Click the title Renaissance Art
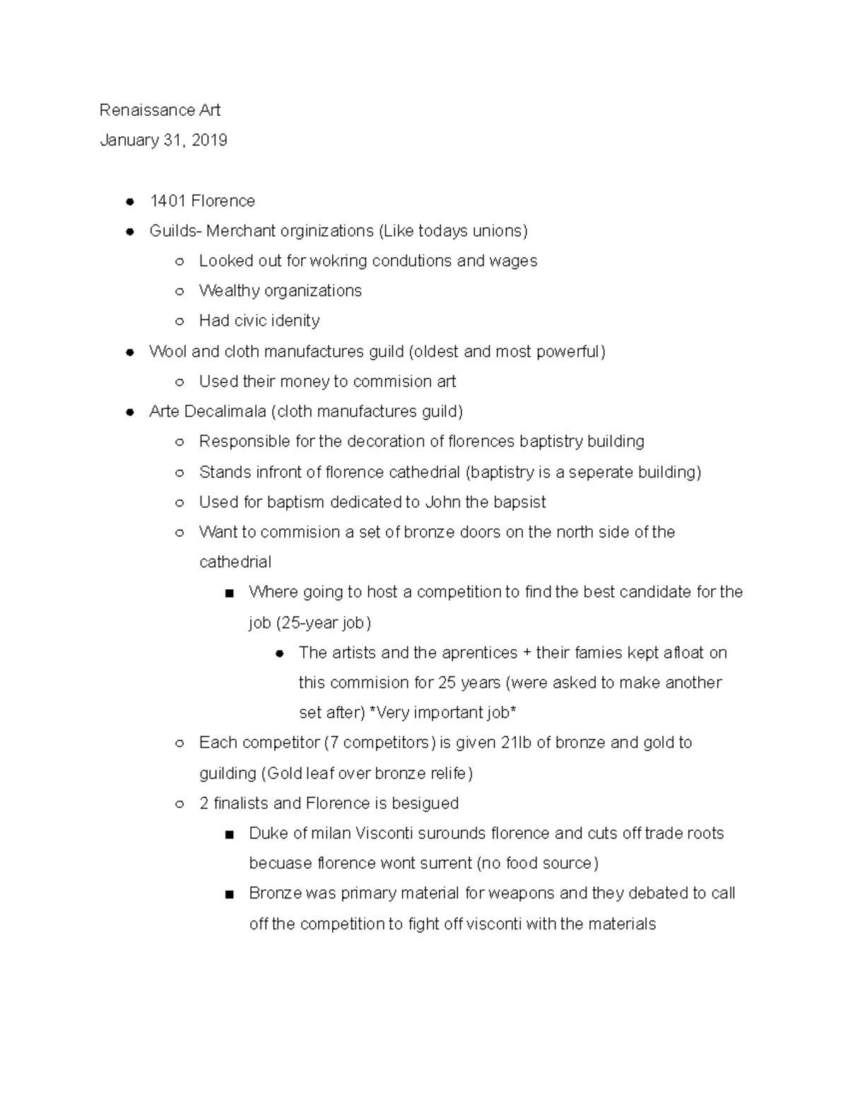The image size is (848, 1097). (160, 110)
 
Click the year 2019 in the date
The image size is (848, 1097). (209, 140)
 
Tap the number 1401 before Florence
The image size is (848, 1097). (167, 201)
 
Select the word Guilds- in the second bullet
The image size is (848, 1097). (175, 231)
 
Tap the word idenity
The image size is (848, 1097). (295, 321)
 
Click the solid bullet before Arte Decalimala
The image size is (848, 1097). (129, 412)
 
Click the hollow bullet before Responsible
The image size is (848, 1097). (179, 442)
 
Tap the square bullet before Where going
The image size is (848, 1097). (229, 593)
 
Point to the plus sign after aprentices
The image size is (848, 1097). (526, 653)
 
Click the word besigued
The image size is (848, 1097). (421, 803)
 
